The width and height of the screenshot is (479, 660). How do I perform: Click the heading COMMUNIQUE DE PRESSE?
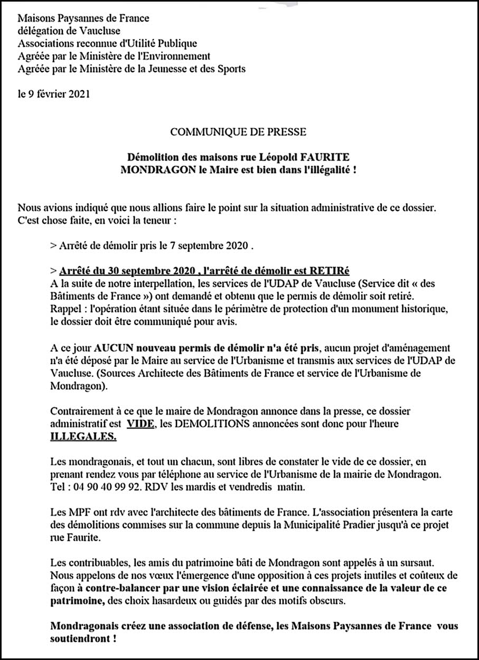coord(238,129)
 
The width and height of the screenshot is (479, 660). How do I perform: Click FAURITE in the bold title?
coord(324,158)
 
